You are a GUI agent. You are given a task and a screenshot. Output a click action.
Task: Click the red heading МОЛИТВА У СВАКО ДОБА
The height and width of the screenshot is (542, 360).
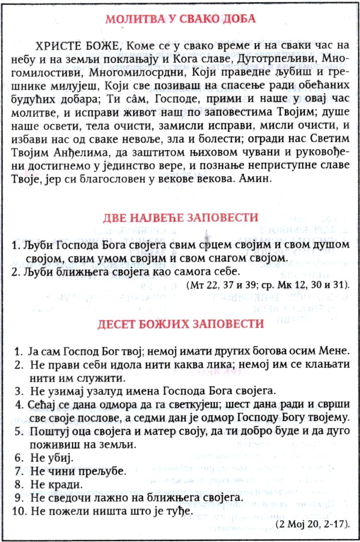pyautogui.click(x=180, y=20)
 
